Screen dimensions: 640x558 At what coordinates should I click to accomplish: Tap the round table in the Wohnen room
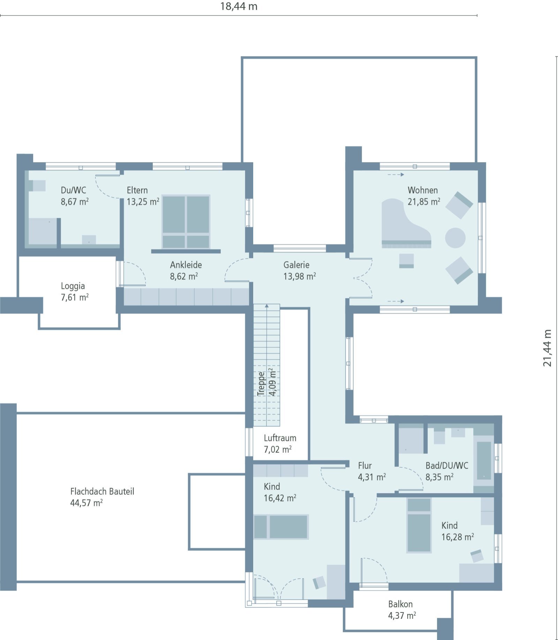(x=455, y=238)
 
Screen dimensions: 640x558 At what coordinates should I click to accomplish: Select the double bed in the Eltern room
(x=186, y=222)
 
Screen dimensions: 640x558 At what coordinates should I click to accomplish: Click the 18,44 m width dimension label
(x=239, y=6)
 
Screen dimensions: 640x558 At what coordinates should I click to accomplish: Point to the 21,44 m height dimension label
(x=547, y=348)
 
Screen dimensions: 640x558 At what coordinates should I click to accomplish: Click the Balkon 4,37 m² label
(x=401, y=610)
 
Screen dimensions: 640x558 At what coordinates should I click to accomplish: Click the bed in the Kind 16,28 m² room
(x=418, y=525)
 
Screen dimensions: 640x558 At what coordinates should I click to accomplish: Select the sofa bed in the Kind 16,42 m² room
(x=281, y=527)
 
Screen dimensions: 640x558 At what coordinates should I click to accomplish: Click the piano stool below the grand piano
(x=406, y=261)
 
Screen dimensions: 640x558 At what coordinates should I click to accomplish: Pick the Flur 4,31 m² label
(x=371, y=471)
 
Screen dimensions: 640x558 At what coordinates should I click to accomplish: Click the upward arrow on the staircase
(x=267, y=306)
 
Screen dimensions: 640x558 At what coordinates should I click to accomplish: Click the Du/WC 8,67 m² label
(x=74, y=196)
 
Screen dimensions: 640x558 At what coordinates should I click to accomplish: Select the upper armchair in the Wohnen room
(x=459, y=205)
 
